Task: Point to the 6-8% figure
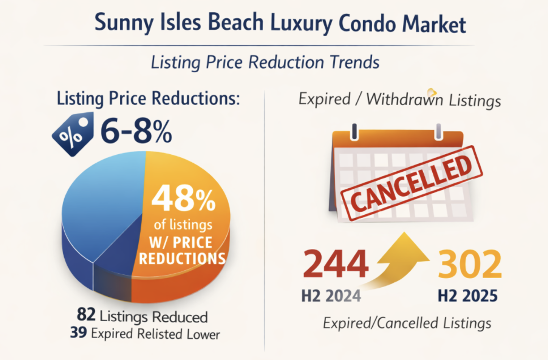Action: [x=136, y=132]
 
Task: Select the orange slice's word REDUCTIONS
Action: [x=183, y=259]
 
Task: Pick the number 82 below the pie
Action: [x=86, y=315]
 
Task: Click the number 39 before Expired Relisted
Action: [x=78, y=333]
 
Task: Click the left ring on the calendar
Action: [x=355, y=132]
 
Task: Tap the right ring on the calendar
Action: [x=438, y=132]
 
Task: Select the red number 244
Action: [x=335, y=264]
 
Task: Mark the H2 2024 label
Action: [x=331, y=296]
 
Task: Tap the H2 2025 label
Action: [x=467, y=296]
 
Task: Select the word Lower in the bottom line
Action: [x=204, y=334]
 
